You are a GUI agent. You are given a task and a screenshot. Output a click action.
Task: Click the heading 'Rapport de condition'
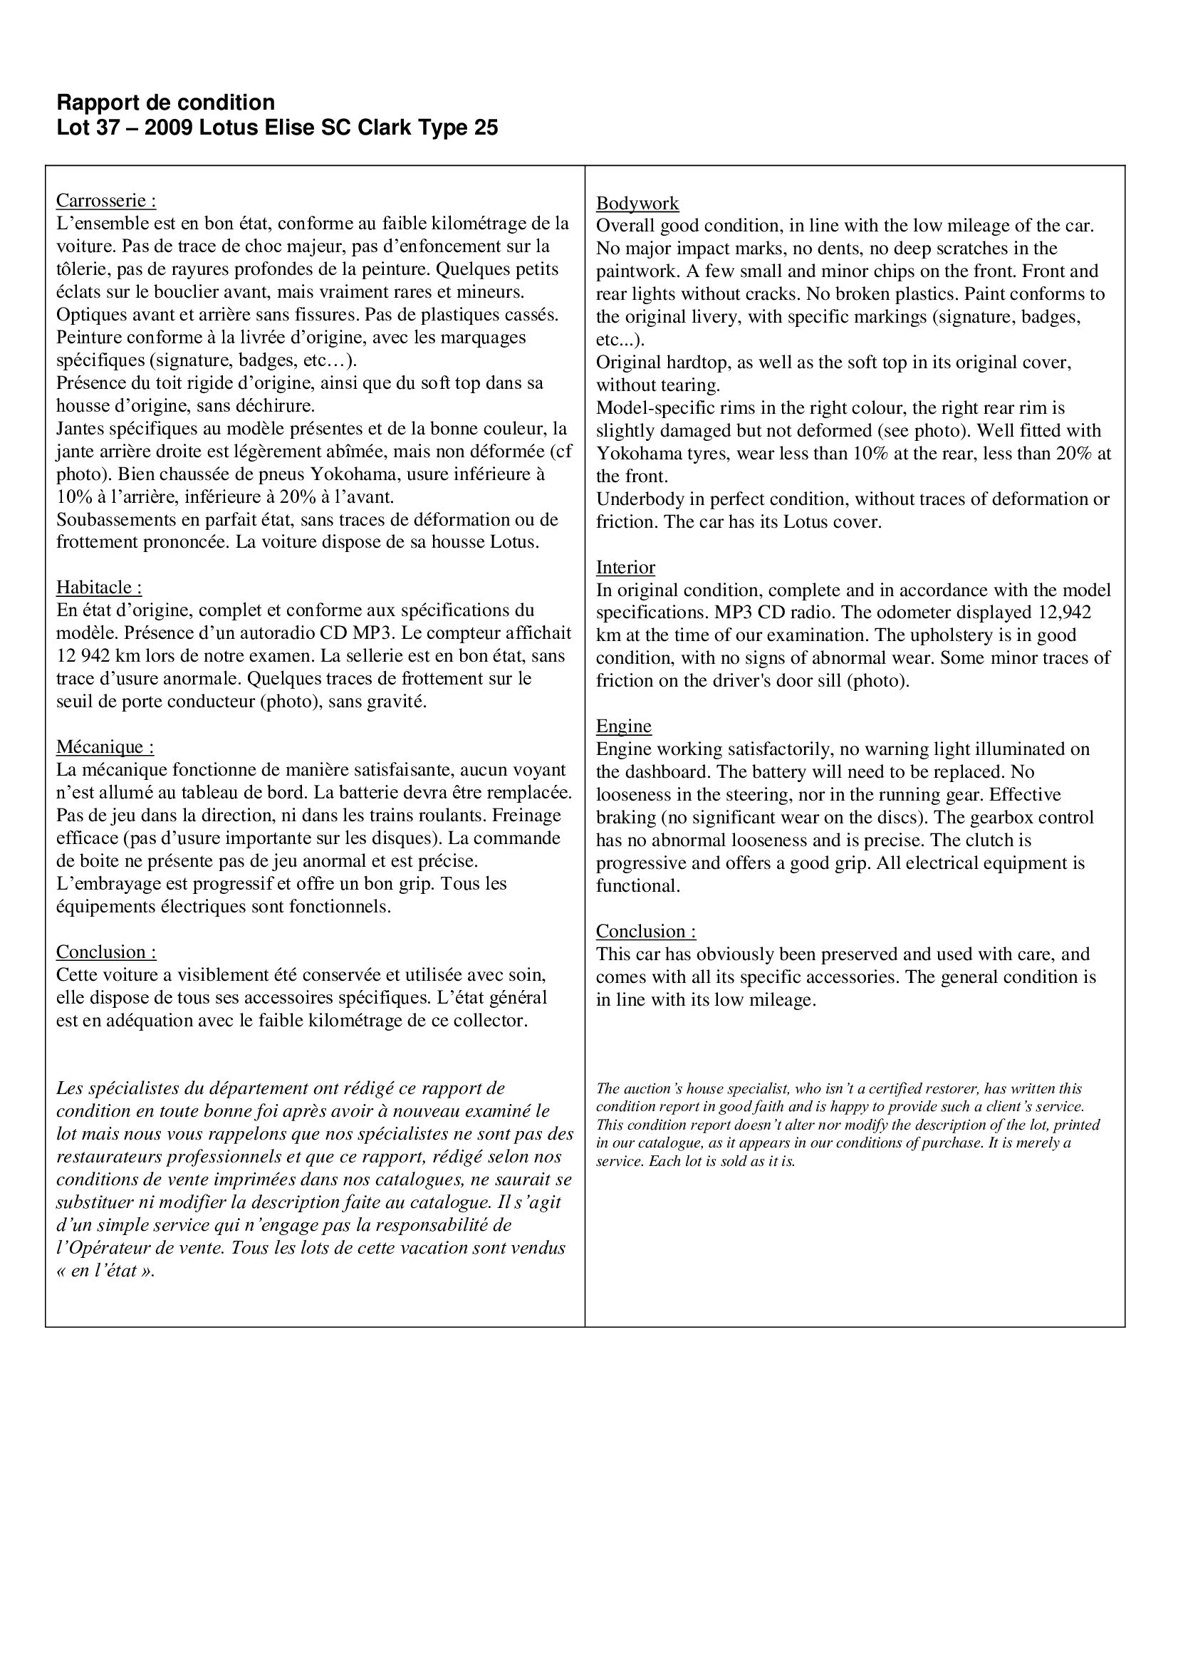tap(165, 102)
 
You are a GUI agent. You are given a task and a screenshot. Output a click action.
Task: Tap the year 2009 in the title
tap(168, 127)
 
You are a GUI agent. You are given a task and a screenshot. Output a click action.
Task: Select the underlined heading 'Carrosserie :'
tap(106, 200)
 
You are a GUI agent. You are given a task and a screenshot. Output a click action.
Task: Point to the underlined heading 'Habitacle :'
tap(99, 587)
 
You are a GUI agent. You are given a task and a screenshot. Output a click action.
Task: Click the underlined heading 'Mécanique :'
tap(105, 746)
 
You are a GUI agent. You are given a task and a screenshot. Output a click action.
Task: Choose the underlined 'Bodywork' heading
tap(637, 203)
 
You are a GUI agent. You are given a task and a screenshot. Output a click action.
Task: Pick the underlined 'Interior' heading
tap(625, 568)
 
